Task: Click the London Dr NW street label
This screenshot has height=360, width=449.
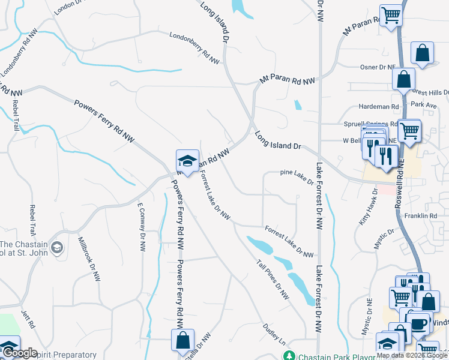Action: [67, 7]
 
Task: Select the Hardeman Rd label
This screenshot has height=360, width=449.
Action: [379, 107]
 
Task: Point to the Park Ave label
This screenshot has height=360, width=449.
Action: [424, 104]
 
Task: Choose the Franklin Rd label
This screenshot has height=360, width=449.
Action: [420, 215]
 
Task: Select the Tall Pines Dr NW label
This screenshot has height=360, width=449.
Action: [273, 280]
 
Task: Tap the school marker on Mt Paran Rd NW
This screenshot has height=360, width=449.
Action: [187, 160]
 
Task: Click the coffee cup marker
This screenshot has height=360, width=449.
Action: [419, 323]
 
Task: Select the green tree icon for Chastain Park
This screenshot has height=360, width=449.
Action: [289, 355]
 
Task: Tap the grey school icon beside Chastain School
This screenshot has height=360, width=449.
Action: [57, 247]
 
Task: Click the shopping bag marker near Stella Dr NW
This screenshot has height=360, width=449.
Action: [182, 340]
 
